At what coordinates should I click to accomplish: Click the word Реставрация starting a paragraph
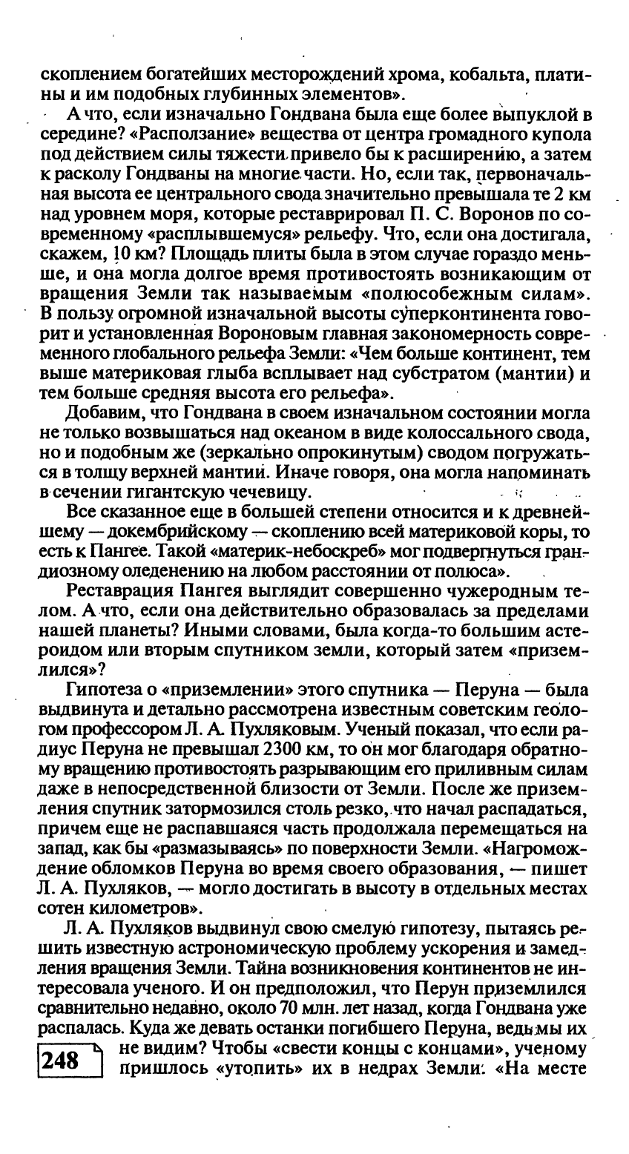[120, 591]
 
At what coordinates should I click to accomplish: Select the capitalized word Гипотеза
[108, 690]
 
